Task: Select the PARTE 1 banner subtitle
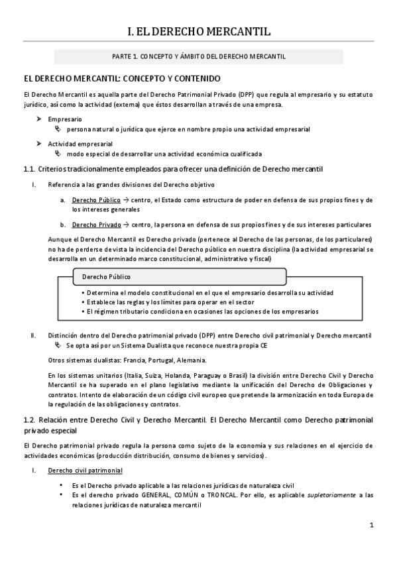[198, 56]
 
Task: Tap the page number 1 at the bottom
[372, 526]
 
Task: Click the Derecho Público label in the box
[106, 276]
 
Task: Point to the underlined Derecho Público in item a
[93, 199]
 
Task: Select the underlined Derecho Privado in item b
[93, 225]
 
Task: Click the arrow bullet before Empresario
[39, 119]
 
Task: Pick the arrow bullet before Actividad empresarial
[39, 143]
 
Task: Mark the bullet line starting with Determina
[205, 292]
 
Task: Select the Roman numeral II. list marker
[32, 336]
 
